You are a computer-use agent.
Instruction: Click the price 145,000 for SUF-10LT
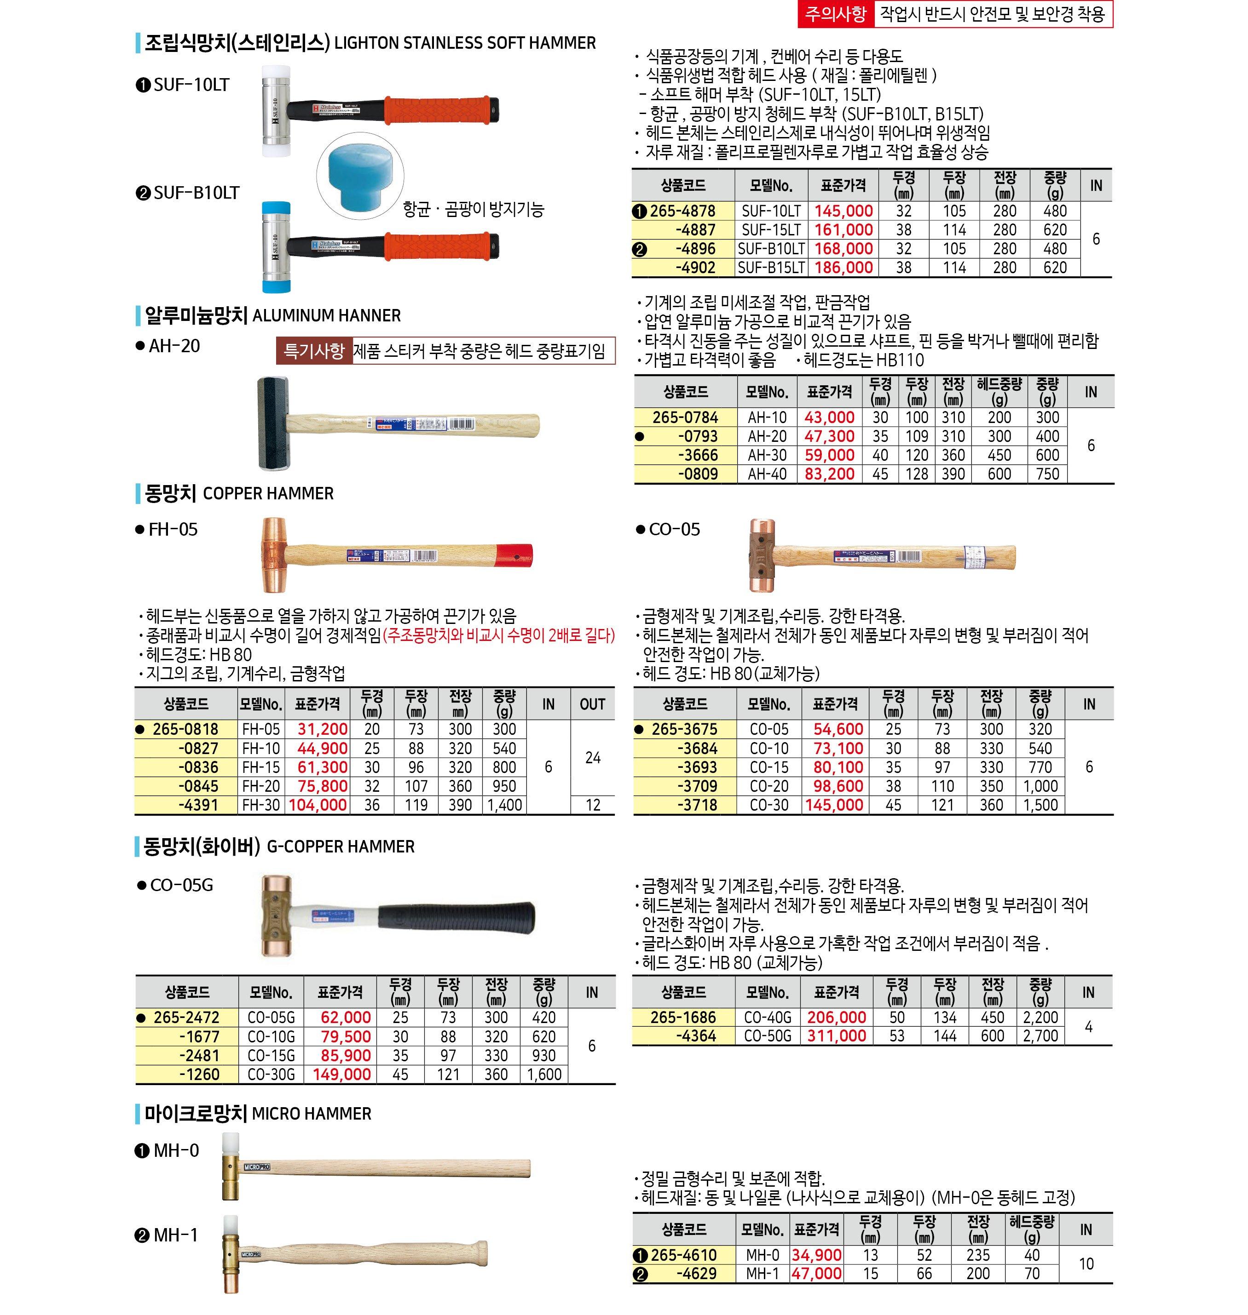coord(843,212)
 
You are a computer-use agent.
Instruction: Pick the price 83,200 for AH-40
coord(829,474)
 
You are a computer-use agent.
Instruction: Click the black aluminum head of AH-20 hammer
coord(271,423)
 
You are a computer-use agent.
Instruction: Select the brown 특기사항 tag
coord(314,351)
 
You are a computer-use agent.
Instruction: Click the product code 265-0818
coord(185,729)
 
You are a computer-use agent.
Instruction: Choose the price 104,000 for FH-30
coord(318,805)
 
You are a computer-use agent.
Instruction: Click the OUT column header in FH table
coord(592,704)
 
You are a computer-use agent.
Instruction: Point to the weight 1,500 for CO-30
coord(1040,805)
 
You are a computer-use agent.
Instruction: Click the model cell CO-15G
coord(271,1056)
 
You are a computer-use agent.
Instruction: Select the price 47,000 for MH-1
coord(816,1274)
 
